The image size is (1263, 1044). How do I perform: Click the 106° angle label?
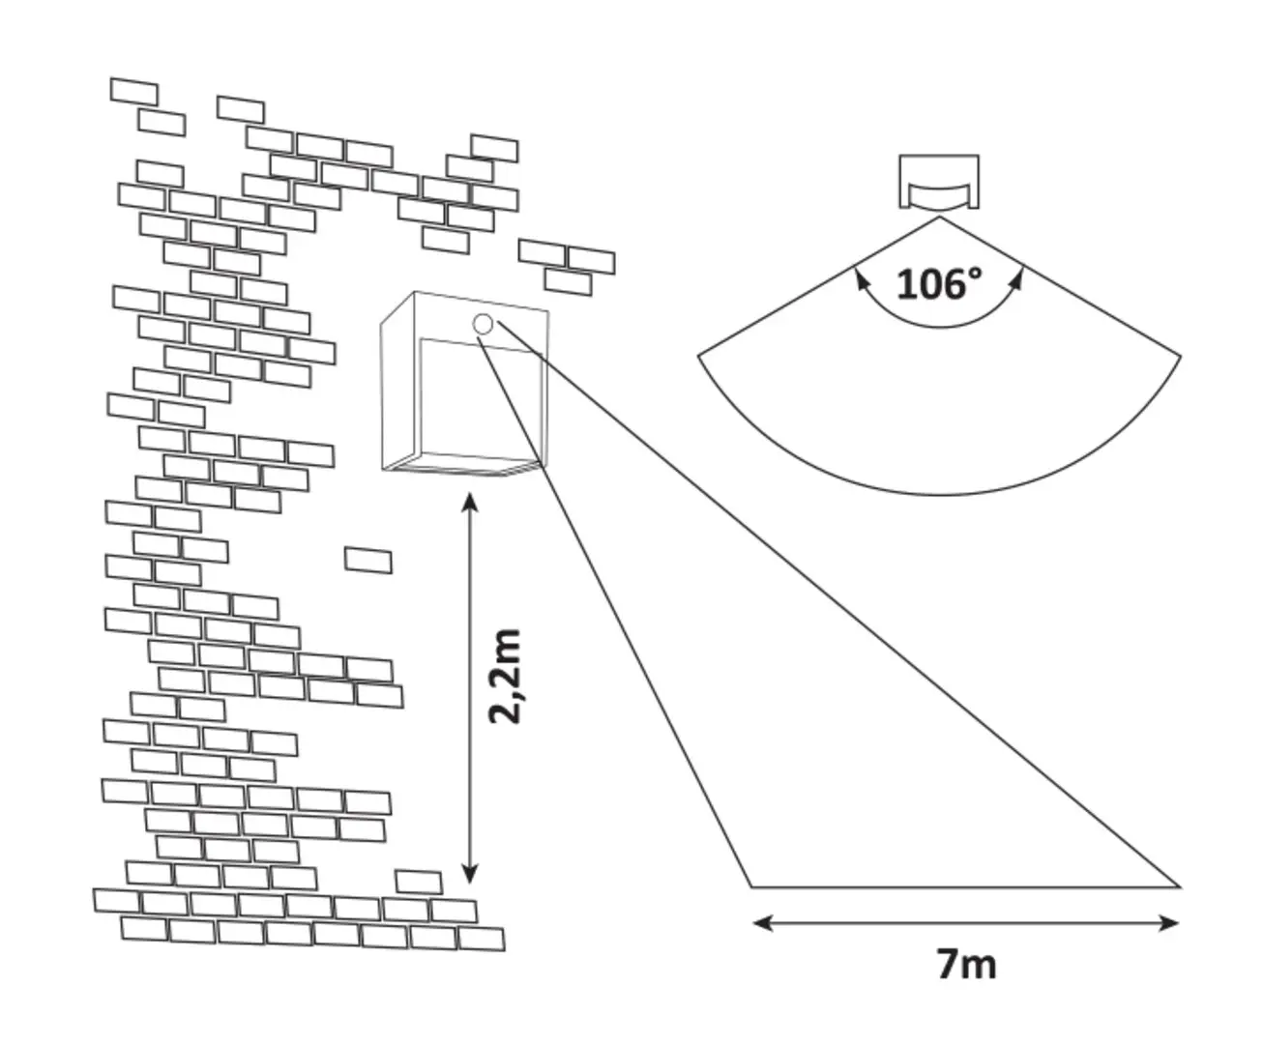coord(939,283)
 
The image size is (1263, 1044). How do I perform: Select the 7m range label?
coord(966,964)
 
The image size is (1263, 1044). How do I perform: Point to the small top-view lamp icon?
coord(939,182)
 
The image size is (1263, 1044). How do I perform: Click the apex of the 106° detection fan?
coord(939,217)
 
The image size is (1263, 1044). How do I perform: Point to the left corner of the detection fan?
coord(699,357)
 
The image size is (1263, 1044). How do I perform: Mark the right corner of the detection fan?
coord(1180,357)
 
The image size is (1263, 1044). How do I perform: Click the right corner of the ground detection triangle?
coord(1179,885)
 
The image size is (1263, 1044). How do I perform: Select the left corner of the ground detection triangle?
coord(752,885)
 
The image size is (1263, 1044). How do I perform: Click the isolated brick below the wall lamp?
coord(368,560)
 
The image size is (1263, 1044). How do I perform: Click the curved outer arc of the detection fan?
coord(939,493)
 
